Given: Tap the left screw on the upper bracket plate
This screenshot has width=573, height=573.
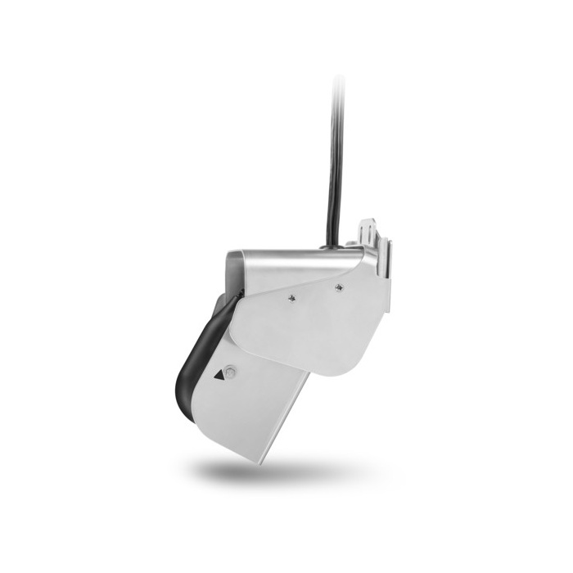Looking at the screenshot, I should [291, 299].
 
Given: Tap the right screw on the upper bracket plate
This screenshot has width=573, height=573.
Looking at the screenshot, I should [338, 286].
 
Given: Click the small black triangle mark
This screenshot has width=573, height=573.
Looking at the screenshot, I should [219, 376].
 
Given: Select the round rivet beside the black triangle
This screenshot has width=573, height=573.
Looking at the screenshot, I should [230, 371].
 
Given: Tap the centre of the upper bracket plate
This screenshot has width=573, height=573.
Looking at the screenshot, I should [307, 323].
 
